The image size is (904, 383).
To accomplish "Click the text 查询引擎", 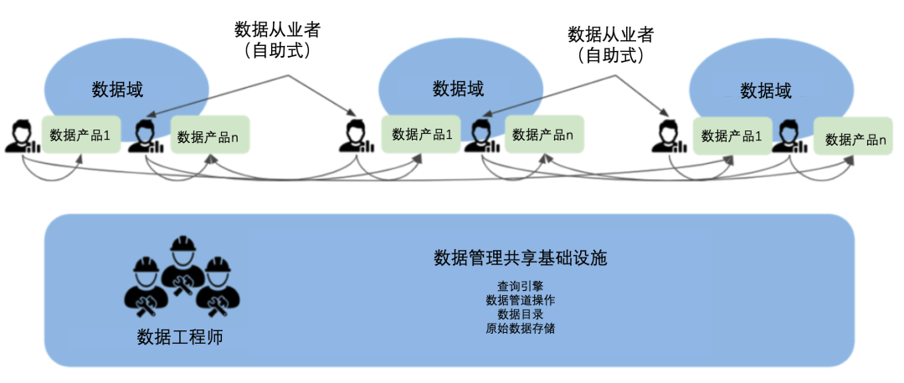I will pyautogui.click(x=520, y=285).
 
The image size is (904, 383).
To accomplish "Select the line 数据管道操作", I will pyautogui.click(x=520, y=299).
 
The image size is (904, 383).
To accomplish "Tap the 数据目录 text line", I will pyautogui.click(x=520, y=314).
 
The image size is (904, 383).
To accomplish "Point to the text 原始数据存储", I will pyautogui.click(x=520, y=328).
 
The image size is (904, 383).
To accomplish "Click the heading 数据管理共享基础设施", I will pyautogui.click(x=520, y=258).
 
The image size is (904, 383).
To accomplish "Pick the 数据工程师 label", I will pyautogui.click(x=180, y=338).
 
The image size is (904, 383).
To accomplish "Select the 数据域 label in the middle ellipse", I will pyautogui.click(x=458, y=89).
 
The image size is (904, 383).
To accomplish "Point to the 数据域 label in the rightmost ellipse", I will pyautogui.click(x=766, y=90).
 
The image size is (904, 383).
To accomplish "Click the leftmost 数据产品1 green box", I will pyautogui.click(x=80, y=135).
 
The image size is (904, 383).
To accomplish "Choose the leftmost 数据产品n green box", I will pyautogui.click(x=212, y=136).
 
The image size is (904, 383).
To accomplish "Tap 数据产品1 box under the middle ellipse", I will pyautogui.click(x=422, y=134).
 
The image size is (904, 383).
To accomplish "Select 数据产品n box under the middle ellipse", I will pyautogui.click(x=543, y=134).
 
